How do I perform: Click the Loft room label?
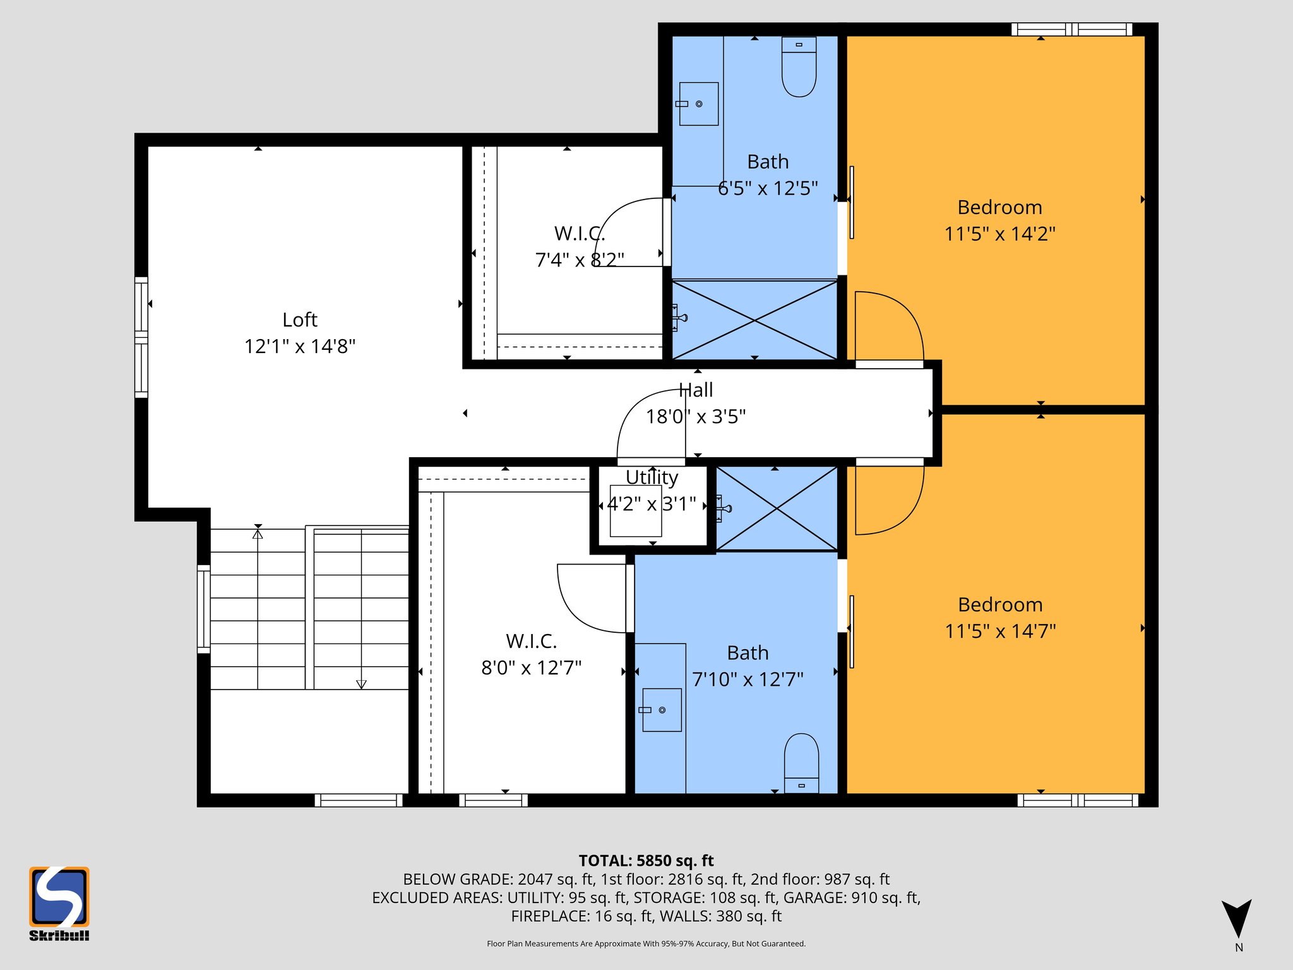point(300,320)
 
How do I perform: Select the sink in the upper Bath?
point(698,104)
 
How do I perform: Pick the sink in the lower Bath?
point(662,710)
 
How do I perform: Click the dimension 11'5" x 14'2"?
point(999,234)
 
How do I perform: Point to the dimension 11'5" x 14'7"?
point(1000,631)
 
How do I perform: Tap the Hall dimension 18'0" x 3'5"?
point(696,417)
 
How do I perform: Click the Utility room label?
point(652,477)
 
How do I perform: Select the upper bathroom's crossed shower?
point(754,320)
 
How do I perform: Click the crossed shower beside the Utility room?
point(777,508)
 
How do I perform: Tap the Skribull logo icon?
point(59,897)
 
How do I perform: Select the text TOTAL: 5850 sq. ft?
point(646,861)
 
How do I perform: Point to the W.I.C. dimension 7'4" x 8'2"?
point(580,260)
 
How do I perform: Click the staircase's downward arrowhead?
point(361,684)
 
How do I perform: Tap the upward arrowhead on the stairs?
point(258,534)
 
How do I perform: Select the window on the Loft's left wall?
point(141,337)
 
